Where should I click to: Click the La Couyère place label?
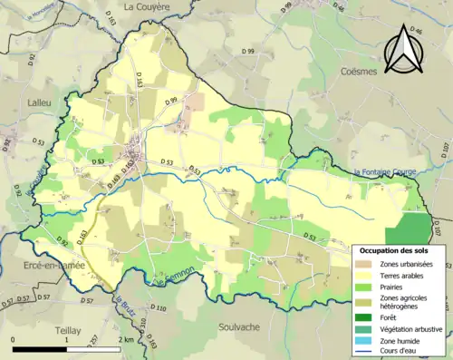[147, 6]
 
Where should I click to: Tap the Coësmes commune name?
[364, 71]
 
